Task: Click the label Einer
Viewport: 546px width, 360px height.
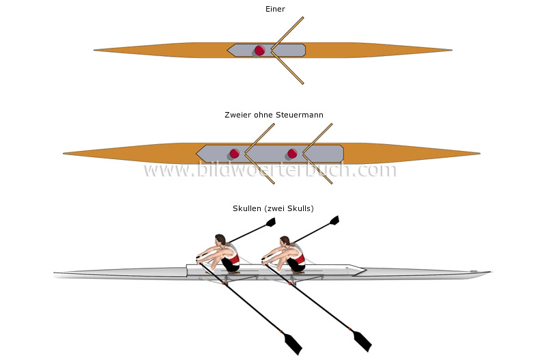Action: point(275,9)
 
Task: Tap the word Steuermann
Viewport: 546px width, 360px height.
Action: point(300,115)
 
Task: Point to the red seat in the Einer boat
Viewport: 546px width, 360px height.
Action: point(259,50)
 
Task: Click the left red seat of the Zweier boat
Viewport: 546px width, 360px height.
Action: point(235,153)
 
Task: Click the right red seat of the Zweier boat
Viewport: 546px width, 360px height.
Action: point(293,153)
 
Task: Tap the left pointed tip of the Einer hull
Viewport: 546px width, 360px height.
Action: point(96,50)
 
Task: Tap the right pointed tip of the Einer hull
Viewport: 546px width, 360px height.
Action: point(450,50)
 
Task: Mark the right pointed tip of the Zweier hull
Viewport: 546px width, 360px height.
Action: point(479,153)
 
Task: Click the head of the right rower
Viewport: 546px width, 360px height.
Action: point(284,241)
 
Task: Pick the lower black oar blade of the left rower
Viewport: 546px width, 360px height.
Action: point(293,344)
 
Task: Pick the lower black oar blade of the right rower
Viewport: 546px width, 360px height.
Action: point(361,340)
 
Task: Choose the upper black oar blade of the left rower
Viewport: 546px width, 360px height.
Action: point(270,222)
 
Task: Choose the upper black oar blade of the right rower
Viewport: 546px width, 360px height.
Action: point(334,220)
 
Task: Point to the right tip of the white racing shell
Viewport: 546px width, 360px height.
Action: point(489,273)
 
